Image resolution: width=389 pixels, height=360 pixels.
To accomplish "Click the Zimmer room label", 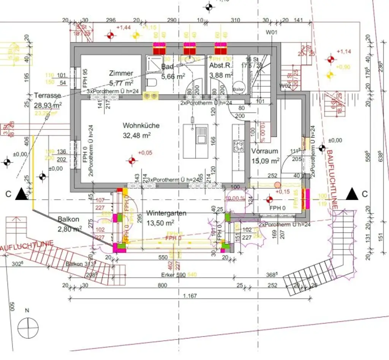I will pos(121,73).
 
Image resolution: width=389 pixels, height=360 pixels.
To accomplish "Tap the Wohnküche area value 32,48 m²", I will pos(136,134).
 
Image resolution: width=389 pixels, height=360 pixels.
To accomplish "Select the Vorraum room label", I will pos(264,151).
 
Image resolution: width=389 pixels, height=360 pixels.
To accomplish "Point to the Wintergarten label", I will pos(166,213).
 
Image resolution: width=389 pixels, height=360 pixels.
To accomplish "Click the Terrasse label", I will pos(47,95).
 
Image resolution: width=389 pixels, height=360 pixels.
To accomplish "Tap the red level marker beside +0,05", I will pos(132,161).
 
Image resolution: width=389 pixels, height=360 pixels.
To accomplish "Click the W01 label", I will pos(271,33).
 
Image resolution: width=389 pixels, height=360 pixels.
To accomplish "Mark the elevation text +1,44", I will pos(123,28).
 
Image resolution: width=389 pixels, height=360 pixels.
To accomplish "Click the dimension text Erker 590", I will pos(174,275).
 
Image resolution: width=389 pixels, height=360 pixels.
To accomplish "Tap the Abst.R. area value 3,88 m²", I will pos(221,75).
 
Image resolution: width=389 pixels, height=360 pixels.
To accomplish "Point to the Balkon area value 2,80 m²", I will pos(70,229).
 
